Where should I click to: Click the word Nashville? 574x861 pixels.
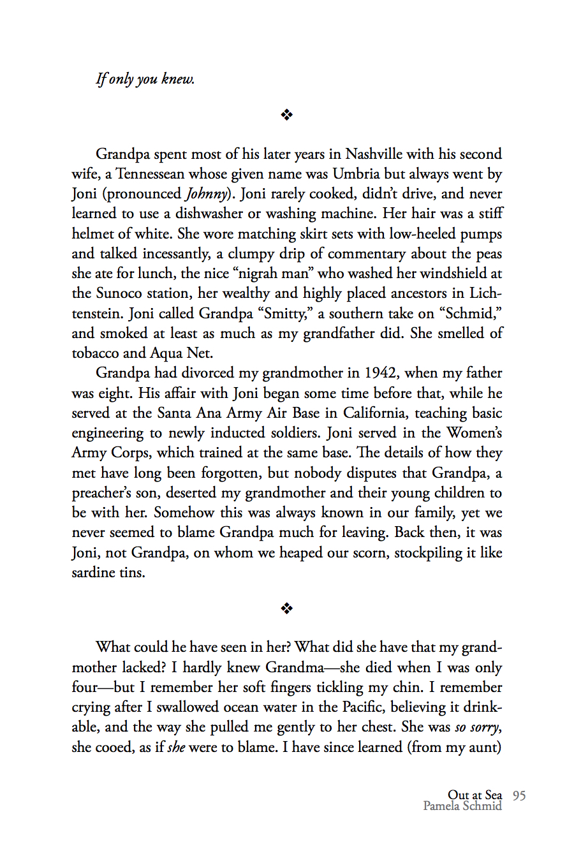[x=374, y=154]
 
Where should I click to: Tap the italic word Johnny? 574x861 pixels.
[x=206, y=195]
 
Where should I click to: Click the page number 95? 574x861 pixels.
[x=519, y=795]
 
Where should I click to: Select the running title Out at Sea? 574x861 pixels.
[x=475, y=795]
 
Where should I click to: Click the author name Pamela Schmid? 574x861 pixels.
[x=462, y=806]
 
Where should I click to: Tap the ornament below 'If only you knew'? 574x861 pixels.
[x=287, y=115]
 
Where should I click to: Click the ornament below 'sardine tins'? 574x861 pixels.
[x=287, y=608]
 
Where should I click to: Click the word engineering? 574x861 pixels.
[x=108, y=434]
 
